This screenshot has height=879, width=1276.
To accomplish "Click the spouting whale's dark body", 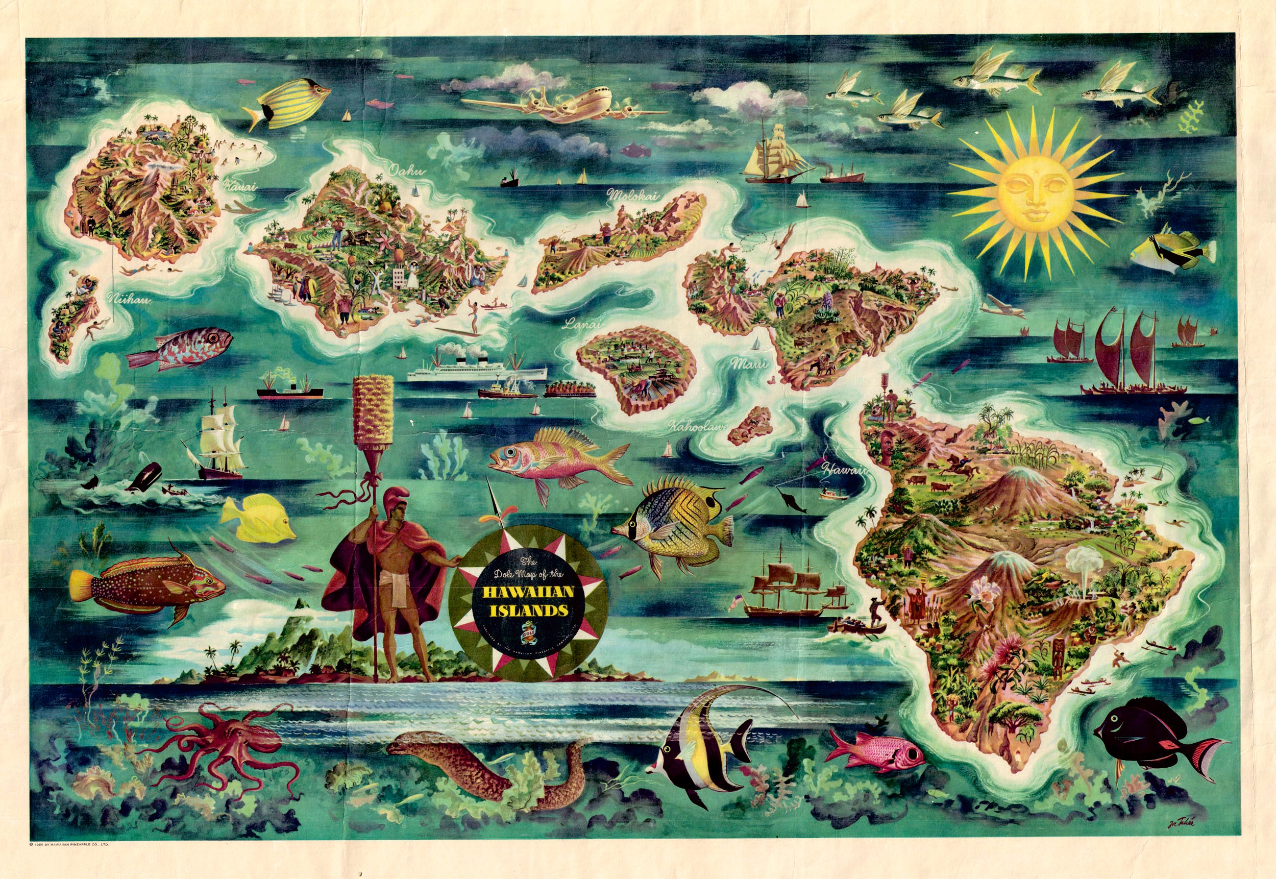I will (145, 476).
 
